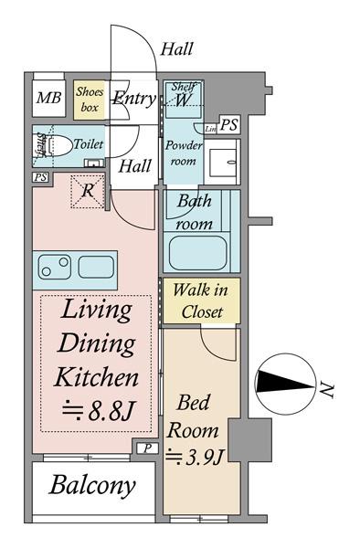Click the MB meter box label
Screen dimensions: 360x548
point(49,98)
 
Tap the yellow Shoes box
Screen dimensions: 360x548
point(90,100)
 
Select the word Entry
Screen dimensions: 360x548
point(134,99)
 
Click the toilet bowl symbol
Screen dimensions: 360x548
point(58,145)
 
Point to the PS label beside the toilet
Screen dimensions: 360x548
point(40,177)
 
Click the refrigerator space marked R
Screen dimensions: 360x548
point(88,192)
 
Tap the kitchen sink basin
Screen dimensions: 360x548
point(96,267)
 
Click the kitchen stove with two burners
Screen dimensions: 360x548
point(55,267)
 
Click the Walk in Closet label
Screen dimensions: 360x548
point(201,300)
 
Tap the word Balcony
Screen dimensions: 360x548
point(92,486)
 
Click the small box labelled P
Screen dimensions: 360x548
point(147,448)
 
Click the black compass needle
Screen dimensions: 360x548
point(284,382)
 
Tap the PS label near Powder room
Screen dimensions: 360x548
point(229,125)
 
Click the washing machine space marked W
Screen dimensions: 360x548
point(183,100)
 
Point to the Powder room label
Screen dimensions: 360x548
point(184,153)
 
